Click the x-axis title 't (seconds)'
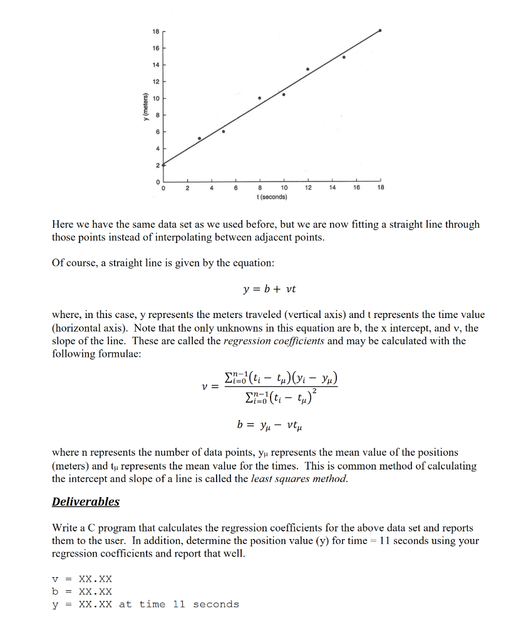click(x=272, y=197)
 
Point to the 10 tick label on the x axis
click(x=284, y=188)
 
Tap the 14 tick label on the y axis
click(x=155, y=65)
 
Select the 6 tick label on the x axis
click(x=235, y=188)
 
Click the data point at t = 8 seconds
click(x=260, y=98)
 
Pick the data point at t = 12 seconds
click(x=307, y=69)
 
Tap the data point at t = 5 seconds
click(x=224, y=131)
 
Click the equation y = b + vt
click(x=269, y=289)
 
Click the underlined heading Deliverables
click(x=85, y=501)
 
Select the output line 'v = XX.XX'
click(x=82, y=579)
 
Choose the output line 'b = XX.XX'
click(x=82, y=591)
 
